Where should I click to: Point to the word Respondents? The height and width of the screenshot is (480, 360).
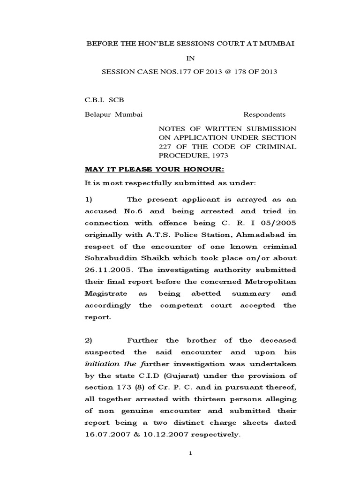pyautogui.click(x=264, y=114)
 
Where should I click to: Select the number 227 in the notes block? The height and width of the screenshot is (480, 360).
pyautogui.click(x=167, y=146)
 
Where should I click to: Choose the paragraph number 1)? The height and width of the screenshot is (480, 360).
pyautogui.click(x=90, y=199)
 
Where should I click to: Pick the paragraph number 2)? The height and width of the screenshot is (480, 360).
pyautogui.click(x=90, y=340)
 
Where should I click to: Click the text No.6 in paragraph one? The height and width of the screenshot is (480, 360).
pyautogui.click(x=139, y=211)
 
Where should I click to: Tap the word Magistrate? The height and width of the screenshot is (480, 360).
pyautogui.click(x=105, y=293)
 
